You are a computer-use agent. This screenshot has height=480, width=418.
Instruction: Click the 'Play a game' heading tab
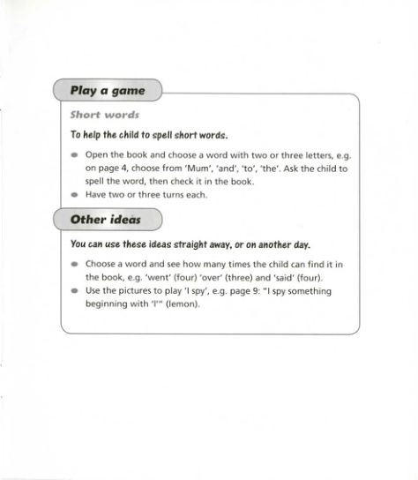(107, 91)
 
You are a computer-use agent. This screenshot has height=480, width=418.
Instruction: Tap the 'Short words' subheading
(105, 115)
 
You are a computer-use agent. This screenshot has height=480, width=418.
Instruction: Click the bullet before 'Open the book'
(75, 154)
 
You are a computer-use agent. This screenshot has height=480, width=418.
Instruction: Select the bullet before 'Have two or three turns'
(75, 195)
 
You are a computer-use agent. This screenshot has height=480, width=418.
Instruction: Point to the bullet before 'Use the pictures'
(75, 291)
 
